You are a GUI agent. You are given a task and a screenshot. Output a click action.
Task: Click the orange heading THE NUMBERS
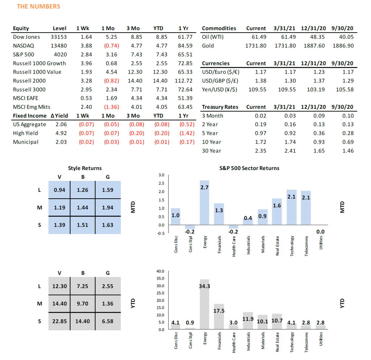click(x=38, y=7)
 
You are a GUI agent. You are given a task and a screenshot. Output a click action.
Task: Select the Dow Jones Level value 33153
click(x=59, y=37)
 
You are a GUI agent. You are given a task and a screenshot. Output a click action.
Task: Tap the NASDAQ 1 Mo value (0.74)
click(x=112, y=46)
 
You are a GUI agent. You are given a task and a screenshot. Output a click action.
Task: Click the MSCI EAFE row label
click(x=26, y=98)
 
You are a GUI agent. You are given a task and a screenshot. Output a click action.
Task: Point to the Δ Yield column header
click(x=59, y=116)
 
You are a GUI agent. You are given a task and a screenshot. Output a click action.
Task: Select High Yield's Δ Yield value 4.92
click(x=61, y=133)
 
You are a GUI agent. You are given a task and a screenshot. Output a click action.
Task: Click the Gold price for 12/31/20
click(x=314, y=46)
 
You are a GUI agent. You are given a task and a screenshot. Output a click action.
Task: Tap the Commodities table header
click(x=219, y=28)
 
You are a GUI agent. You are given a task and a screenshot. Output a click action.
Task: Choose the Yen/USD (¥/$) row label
click(x=219, y=90)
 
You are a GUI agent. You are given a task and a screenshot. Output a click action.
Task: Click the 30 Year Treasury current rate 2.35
click(x=260, y=151)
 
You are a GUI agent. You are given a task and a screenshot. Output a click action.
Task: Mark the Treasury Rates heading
click(x=220, y=107)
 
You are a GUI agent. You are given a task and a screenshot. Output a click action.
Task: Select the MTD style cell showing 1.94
click(x=108, y=208)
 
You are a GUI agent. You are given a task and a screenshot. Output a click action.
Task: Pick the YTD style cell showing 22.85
click(x=59, y=322)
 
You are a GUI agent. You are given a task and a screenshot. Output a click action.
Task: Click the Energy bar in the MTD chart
click(x=204, y=203)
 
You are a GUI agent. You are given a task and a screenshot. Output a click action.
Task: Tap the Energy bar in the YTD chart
click(x=204, y=305)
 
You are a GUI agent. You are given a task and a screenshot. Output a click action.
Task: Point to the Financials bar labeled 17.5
click(x=219, y=317)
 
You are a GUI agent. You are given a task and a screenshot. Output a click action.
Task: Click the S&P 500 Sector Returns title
click(x=249, y=168)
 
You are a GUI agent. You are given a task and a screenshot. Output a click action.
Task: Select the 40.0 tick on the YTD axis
click(x=160, y=271)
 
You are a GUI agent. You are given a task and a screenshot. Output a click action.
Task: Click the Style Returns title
click(x=85, y=168)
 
